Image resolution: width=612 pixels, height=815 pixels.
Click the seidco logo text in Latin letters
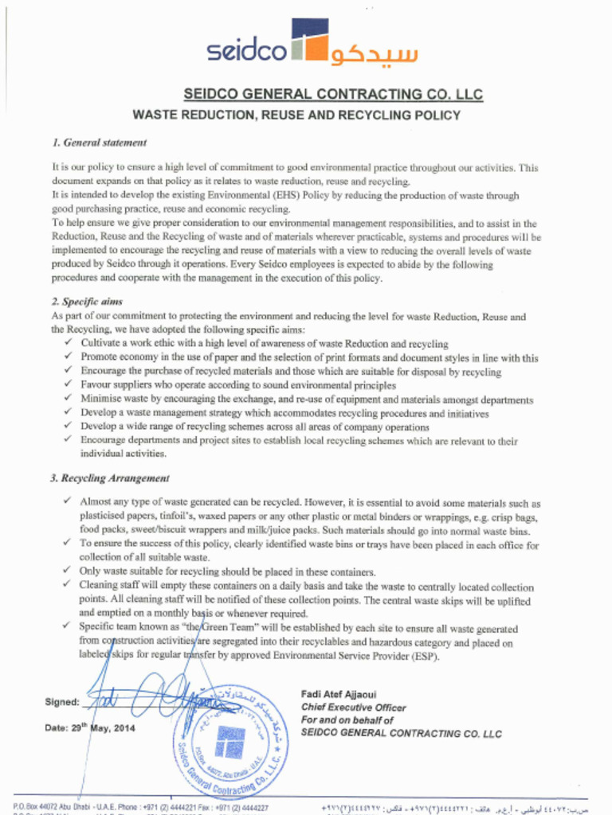click(246, 51)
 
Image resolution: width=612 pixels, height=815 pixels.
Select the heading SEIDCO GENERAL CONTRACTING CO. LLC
click(333, 95)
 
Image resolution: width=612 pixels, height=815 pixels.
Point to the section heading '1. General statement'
click(99, 143)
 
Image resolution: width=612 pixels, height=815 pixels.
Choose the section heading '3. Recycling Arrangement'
click(110, 478)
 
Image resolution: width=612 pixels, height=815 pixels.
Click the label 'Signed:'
click(61, 702)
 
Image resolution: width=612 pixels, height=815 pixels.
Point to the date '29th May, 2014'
click(108, 728)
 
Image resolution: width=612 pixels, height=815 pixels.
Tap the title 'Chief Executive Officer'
click(353, 708)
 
